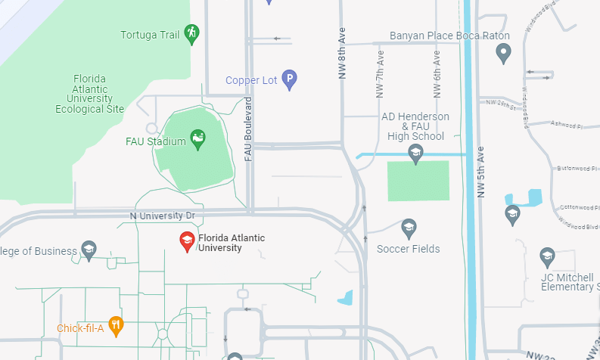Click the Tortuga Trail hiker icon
click(192, 33)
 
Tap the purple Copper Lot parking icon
click(289, 79)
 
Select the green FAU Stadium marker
click(197, 139)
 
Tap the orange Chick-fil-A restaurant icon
click(115, 327)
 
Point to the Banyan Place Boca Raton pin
click(503, 53)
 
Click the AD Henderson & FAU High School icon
click(415, 154)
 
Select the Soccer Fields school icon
click(409, 228)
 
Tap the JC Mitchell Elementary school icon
click(547, 257)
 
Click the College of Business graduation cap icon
click(89, 250)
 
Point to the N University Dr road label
click(162, 216)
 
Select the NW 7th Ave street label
click(381, 74)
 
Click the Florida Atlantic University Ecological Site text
click(89, 94)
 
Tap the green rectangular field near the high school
click(418, 181)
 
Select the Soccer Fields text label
click(408, 249)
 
